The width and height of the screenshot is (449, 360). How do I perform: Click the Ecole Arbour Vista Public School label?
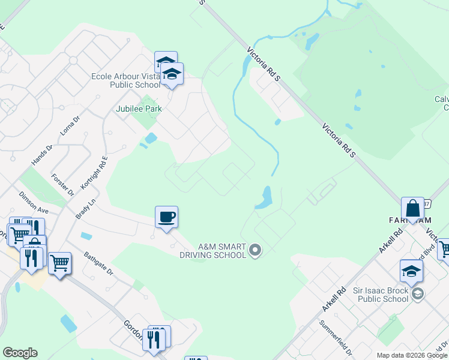coord(125,80)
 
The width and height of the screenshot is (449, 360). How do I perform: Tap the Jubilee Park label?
coord(139,109)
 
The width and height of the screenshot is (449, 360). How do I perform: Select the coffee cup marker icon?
coord(166,217)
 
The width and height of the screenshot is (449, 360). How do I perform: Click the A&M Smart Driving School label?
coord(213,251)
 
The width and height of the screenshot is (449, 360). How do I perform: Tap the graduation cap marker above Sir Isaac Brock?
coord(412,271)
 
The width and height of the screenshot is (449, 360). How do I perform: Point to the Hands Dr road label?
coord(42,155)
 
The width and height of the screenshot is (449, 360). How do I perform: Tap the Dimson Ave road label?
coord(34,202)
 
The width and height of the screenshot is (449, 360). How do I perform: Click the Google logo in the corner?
coord(20,353)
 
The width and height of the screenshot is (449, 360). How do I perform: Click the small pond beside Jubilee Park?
coord(151,138)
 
